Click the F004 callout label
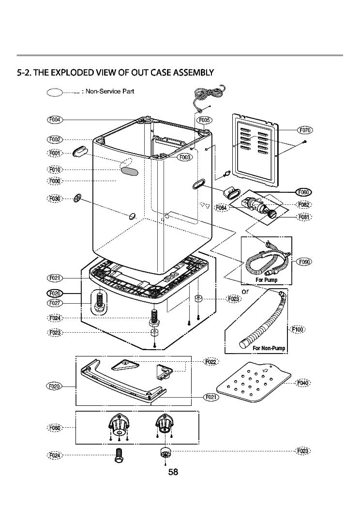pos(55,120)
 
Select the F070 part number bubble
pos(305,130)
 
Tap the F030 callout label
pos(55,199)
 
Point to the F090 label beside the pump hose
pos(305,262)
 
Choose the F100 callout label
pos(298,330)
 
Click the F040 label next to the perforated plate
pos(302,383)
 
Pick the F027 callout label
pos(55,303)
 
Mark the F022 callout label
pos(211,362)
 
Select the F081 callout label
pos(303,217)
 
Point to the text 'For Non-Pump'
pos(269,348)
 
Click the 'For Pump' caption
pos(266,280)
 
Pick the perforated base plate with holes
pos(254,383)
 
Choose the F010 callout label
pos(55,170)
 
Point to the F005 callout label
pos(205,120)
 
